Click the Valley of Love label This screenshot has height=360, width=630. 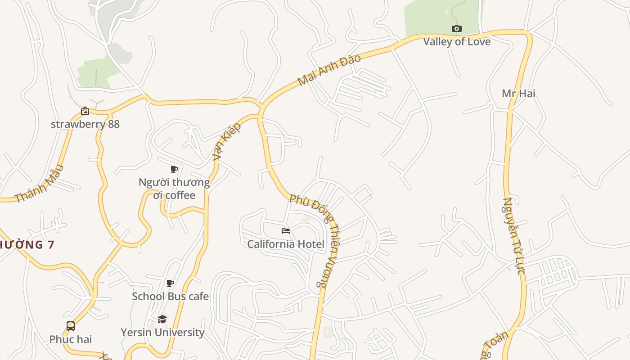tap(456, 41)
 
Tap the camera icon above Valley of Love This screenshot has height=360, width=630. tap(456, 29)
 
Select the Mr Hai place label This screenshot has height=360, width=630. tap(518, 94)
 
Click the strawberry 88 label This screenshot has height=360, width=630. tap(85, 124)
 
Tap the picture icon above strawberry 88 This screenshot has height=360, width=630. tap(85, 111)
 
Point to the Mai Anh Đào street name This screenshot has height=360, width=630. tap(329, 70)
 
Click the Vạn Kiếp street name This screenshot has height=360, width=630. tap(227, 141)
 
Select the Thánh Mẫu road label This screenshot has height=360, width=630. tap(39, 184)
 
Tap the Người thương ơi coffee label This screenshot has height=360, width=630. tap(174, 189)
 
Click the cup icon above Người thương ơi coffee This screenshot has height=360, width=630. tap(174, 170)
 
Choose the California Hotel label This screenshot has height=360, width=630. tap(285, 244)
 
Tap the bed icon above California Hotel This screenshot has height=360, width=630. tap(285, 231)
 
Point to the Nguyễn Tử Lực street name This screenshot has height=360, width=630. tap(514, 236)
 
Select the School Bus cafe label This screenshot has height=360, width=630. tap(170, 296)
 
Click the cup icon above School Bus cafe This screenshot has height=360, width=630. tap(170, 283)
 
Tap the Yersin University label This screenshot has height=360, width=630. tap(162, 332)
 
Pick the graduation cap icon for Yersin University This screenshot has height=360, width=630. tap(162, 319)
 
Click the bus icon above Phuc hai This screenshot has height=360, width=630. tap(71, 326)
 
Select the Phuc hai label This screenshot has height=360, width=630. tap(71, 339)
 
